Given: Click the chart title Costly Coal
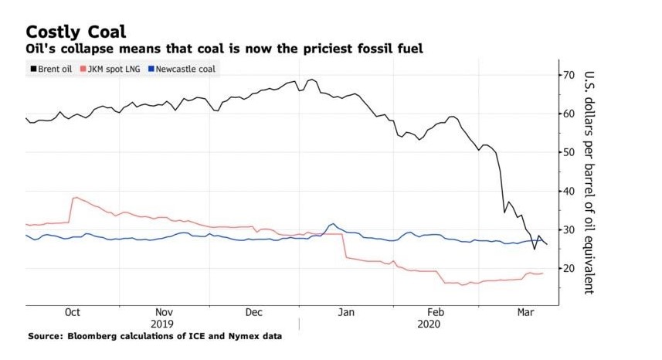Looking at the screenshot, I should (x=76, y=32).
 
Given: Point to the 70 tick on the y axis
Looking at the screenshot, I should (x=570, y=75).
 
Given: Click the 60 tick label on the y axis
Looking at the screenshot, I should (x=570, y=114).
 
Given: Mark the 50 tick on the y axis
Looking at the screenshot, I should (x=570, y=152).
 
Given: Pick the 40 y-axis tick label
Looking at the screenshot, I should (x=570, y=191).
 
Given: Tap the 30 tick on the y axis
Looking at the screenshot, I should (x=570, y=229).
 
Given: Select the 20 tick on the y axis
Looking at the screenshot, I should (x=570, y=268).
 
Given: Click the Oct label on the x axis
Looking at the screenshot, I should (x=72, y=312).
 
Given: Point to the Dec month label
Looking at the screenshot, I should (x=254, y=312).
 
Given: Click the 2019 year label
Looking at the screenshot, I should (x=162, y=324).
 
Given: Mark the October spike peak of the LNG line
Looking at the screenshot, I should (x=75, y=198).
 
